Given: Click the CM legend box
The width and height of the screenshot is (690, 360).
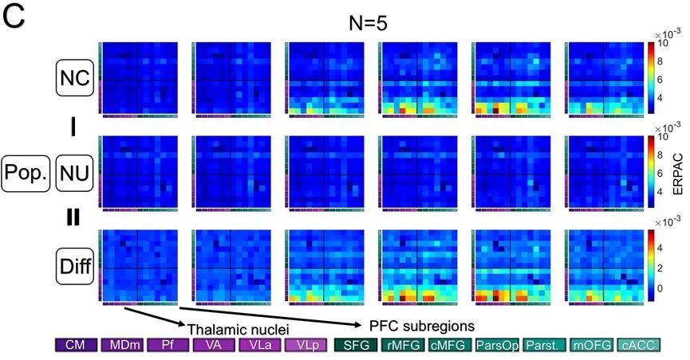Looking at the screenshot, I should (x=76, y=346).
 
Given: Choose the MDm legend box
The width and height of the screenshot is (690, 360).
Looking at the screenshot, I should (x=122, y=346).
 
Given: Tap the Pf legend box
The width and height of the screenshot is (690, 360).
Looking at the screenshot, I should (x=168, y=346).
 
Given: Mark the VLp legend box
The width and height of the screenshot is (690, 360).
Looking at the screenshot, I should (x=306, y=346).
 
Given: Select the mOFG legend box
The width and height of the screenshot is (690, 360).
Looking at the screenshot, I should (x=590, y=346).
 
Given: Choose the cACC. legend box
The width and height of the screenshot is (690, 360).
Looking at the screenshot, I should (x=637, y=346).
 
